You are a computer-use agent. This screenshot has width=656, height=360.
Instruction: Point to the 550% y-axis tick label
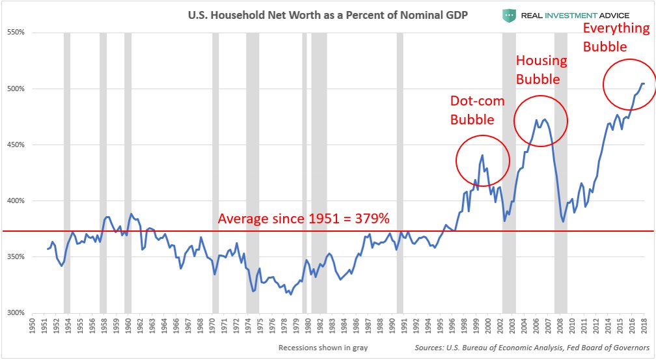click(x=15, y=32)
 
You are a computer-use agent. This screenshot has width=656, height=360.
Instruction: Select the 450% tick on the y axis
click(x=15, y=145)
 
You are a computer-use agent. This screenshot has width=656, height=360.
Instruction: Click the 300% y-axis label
click(x=15, y=312)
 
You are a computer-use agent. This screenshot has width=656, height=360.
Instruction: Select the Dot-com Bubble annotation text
click(x=472, y=110)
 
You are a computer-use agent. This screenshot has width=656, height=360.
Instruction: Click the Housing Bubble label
click(x=541, y=70)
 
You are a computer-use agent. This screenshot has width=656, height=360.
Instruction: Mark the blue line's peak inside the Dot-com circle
click(x=482, y=155)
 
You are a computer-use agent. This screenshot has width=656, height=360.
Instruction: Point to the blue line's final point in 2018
click(x=644, y=83)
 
